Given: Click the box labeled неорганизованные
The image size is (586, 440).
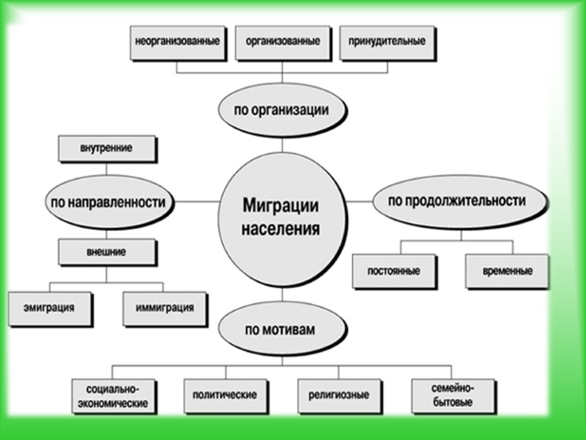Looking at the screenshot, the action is (178, 42).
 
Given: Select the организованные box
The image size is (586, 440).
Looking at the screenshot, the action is (278, 42).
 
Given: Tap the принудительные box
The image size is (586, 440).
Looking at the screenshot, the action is (382, 42).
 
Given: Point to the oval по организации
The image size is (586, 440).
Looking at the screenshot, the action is (281, 111).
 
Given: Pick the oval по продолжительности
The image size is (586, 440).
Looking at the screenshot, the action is (459, 200).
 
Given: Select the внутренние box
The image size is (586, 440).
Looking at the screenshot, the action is (106, 149).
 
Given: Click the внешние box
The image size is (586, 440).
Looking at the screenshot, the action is (106, 252).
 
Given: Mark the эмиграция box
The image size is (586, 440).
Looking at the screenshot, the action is (51, 307).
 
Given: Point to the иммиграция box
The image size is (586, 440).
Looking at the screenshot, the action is (165, 307).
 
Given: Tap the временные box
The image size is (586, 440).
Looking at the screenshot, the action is (507, 271).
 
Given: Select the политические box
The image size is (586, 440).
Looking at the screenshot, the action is (224, 395).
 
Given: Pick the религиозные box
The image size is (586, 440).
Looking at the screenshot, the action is (334, 395).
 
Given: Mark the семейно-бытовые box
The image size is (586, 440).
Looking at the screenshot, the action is (452, 396).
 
